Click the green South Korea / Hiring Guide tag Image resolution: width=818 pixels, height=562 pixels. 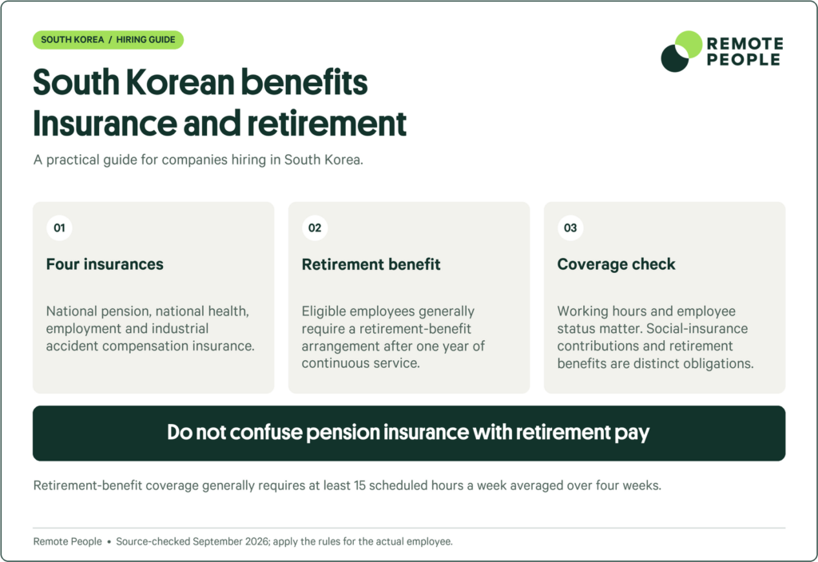pyautogui.click(x=108, y=40)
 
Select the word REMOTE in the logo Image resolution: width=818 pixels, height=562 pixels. pyautogui.click(x=745, y=43)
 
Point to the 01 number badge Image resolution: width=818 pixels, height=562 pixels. pyautogui.click(x=59, y=228)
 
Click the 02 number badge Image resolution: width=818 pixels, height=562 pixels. pyautogui.click(x=315, y=228)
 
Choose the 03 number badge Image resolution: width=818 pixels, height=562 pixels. pyautogui.click(x=570, y=228)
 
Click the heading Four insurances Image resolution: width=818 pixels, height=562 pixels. pyautogui.click(x=105, y=264)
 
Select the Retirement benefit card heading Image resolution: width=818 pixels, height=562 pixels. pyautogui.click(x=371, y=264)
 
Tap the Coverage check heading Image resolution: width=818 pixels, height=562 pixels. pyautogui.click(x=616, y=264)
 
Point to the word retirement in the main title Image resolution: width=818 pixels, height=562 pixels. pyautogui.click(x=327, y=124)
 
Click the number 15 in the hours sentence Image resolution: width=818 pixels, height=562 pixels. pyautogui.click(x=359, y=485)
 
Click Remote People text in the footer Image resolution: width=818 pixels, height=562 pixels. pyautogui.click(x=68, y=542)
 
